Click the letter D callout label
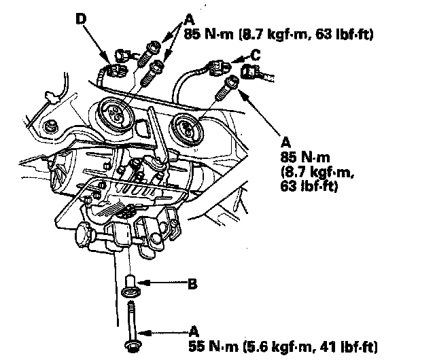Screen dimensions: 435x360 [82, 18]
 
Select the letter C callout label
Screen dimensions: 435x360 [256, 55]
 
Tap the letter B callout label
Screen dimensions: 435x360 [192, 284]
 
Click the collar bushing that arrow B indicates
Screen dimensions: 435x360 [131, 286]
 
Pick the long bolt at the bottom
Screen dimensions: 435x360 [133, 327]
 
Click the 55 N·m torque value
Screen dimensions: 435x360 [213, 346]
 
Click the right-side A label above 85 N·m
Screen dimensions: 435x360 [285, 143]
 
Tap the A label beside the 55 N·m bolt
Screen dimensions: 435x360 [194, 331]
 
